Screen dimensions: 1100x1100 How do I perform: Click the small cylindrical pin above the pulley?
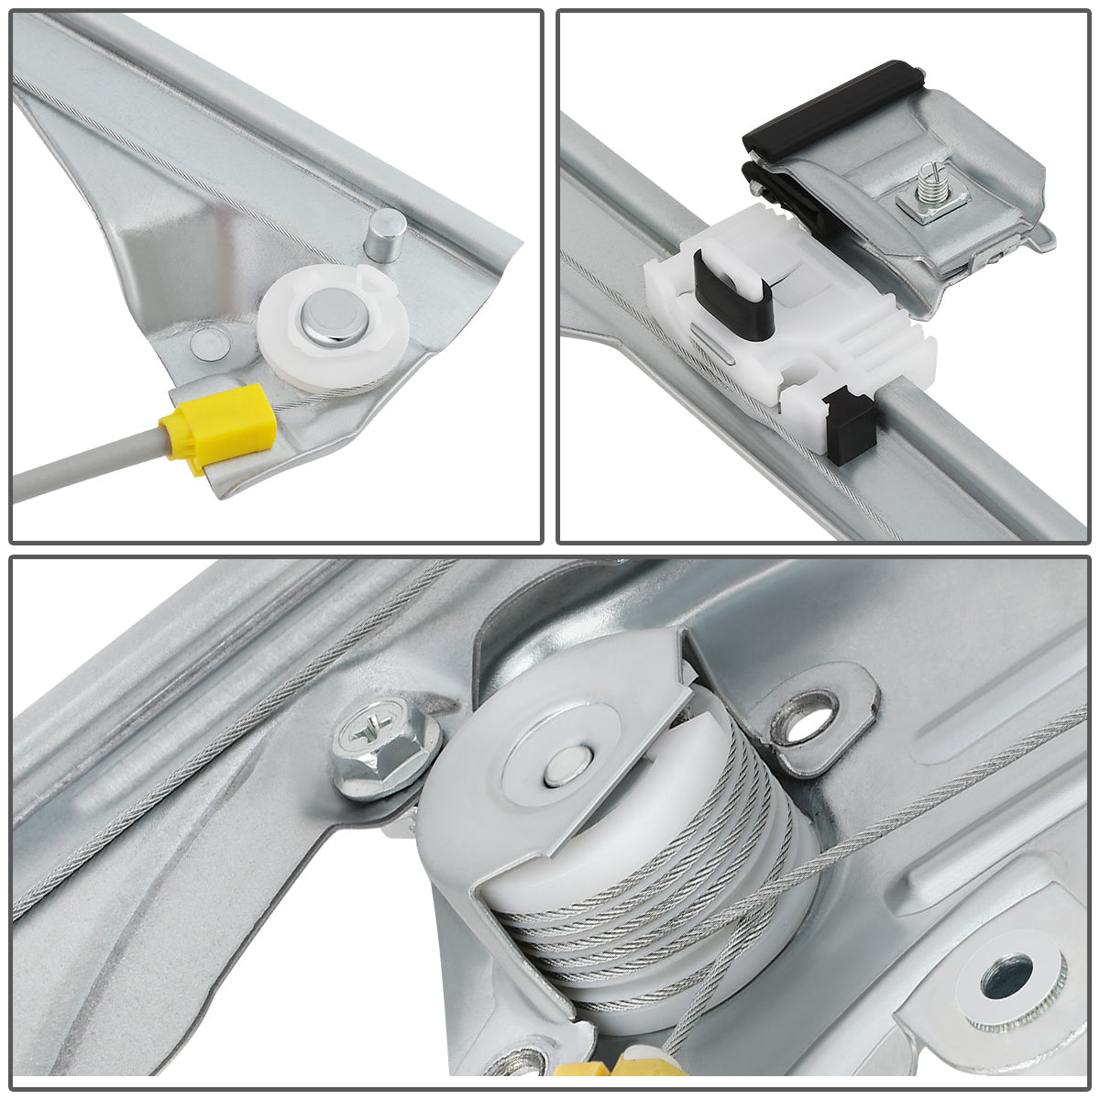pos(385,234)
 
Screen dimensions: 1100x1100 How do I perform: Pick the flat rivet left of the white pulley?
pos(207,345)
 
